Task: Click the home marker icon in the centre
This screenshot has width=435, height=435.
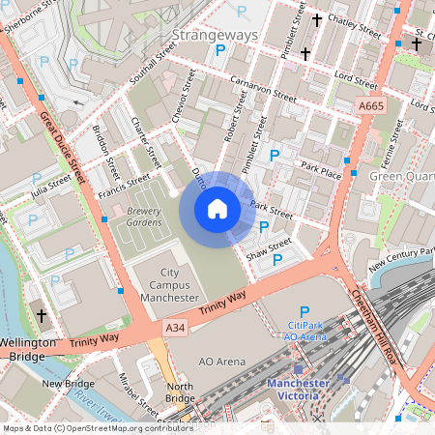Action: click(217, 209)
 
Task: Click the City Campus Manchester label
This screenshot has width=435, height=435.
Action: click(170, 285)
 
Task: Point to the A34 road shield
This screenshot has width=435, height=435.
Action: click(175, 330)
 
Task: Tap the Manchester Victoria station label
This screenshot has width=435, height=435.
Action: click(305, 389)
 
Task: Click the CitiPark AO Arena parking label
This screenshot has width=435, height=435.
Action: click(304, 331)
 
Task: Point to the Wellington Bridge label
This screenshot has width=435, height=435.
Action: click(31, 349)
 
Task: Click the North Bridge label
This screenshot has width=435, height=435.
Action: click(180, 392)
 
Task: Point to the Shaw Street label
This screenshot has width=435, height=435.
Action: click(268, 249)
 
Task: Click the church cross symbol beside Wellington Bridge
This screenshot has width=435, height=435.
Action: click(40, 315)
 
